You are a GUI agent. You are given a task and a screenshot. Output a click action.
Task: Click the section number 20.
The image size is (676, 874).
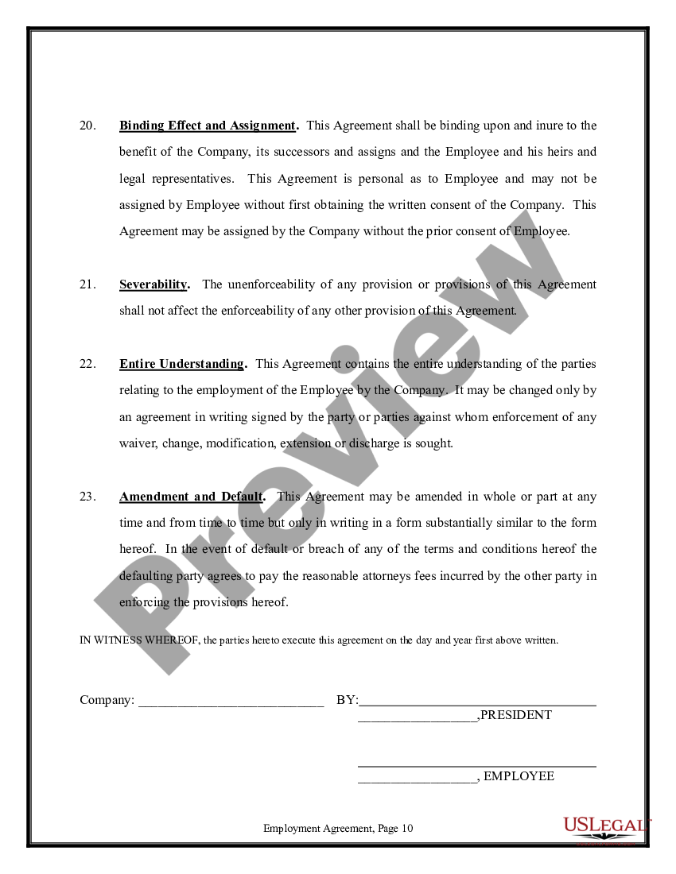tap(87, 126)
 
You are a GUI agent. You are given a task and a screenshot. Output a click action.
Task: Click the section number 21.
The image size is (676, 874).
tap(87, 284)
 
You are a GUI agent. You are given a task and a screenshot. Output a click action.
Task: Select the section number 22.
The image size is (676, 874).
tap(87, 364)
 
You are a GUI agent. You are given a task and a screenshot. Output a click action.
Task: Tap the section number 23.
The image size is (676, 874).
tap(87, 497)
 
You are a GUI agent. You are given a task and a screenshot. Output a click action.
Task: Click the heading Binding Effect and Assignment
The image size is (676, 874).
tap(208, 126)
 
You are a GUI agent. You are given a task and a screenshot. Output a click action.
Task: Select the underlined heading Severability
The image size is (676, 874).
tap(153, 284)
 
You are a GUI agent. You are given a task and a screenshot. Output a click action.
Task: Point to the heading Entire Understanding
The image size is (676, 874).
tap(182, 364)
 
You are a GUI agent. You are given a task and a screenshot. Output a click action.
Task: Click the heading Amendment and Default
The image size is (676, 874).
tap(191, 497)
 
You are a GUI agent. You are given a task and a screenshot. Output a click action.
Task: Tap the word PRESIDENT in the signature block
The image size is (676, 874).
tap(516, 715)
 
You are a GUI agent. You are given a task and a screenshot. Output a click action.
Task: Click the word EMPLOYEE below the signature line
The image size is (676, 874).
tap(519, 776)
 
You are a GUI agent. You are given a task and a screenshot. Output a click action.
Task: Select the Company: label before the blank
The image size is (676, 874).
tap(107, 700)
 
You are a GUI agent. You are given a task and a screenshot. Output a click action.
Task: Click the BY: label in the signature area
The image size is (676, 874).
tap(348, 700)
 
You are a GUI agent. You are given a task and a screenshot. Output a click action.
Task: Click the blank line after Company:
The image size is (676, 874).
tap(231, 702)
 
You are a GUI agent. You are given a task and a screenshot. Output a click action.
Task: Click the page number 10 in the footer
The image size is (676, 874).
tap(407, 828)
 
